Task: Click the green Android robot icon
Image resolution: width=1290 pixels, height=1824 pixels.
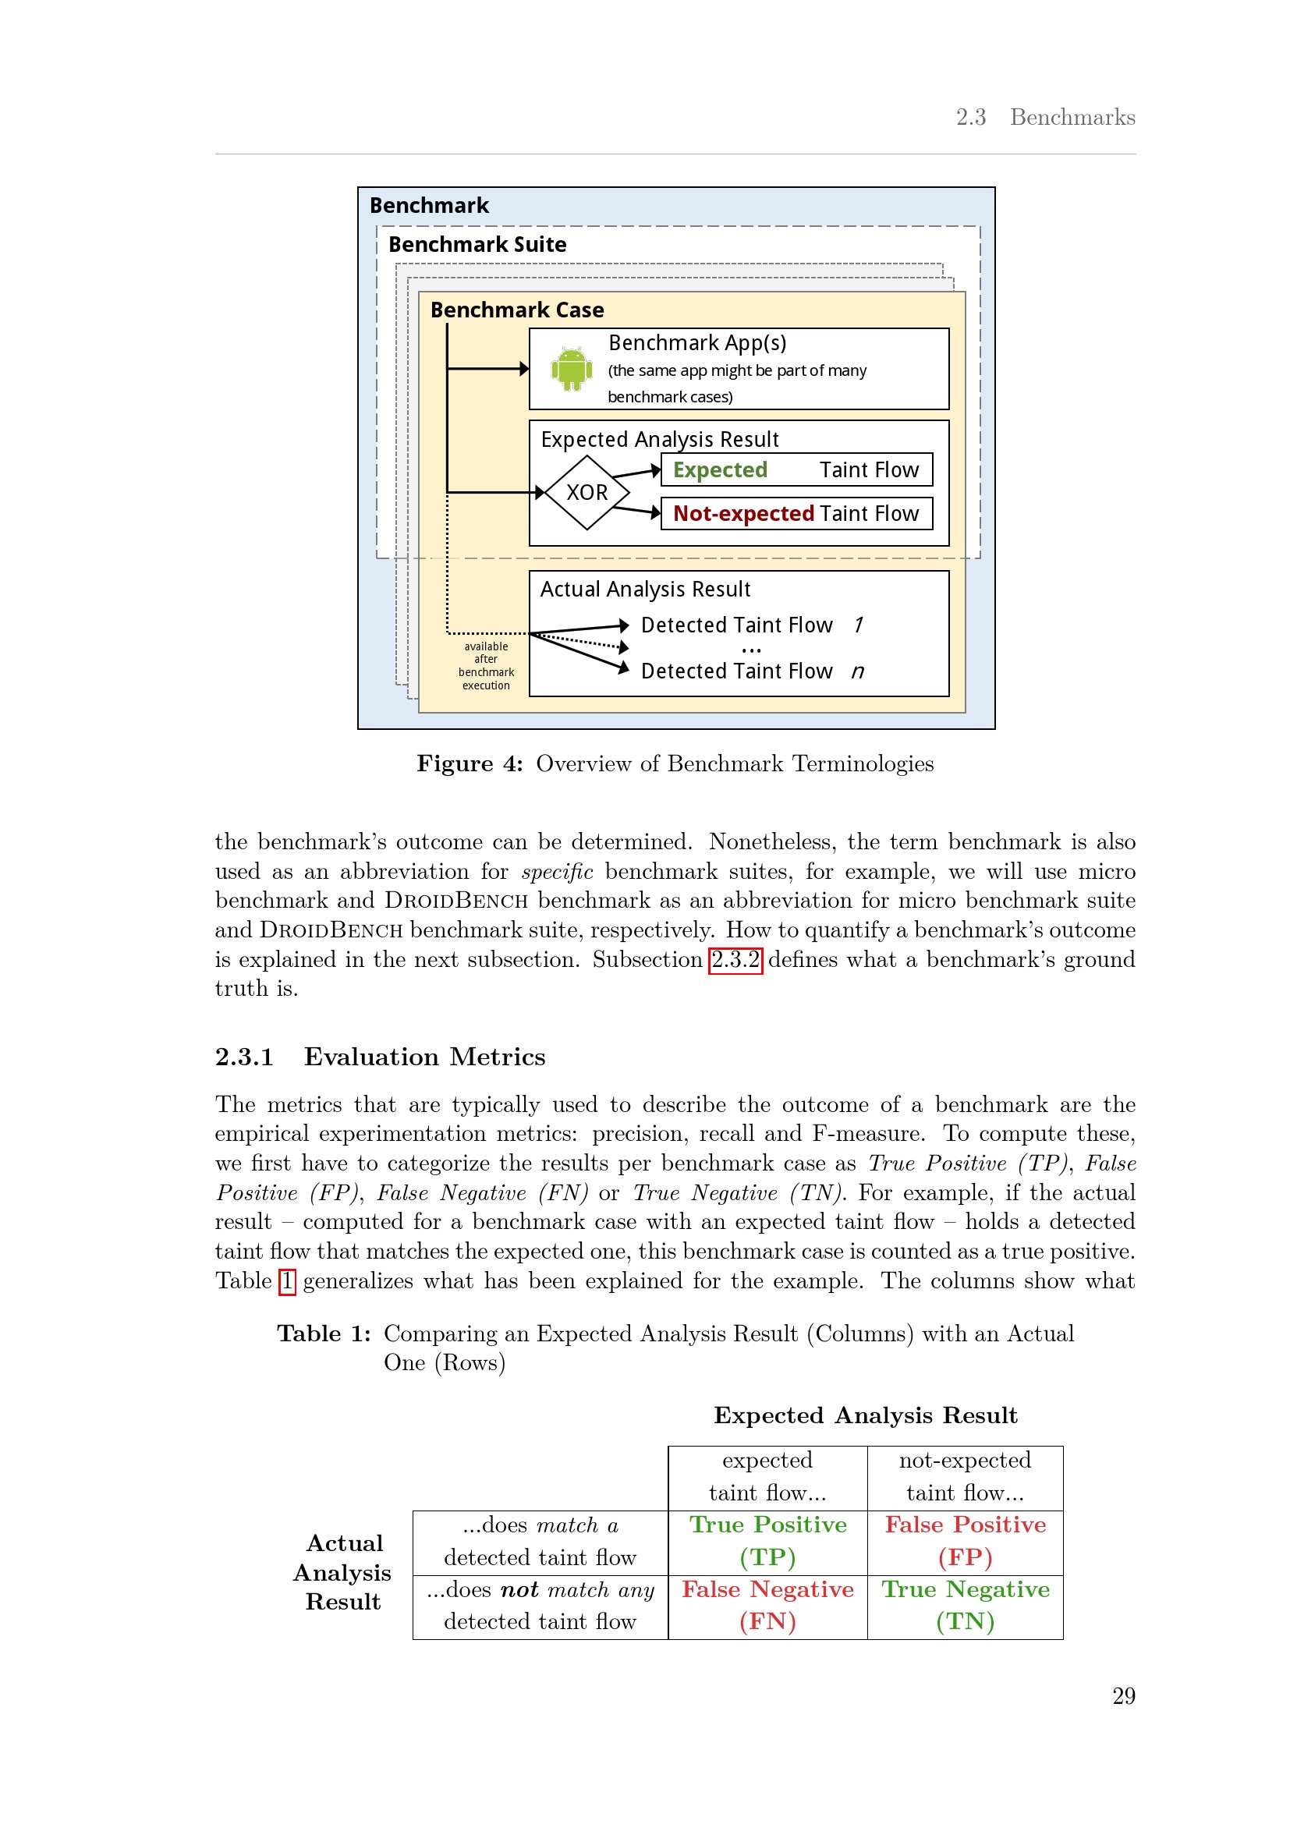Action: [x=571, y=369]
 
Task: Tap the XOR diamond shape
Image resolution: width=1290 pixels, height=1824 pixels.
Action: [x=587, y=493]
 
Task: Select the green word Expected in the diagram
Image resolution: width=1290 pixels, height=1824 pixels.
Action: [x=720, y=470]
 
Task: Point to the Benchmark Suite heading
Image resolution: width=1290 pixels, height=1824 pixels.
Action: [x=477, y=245]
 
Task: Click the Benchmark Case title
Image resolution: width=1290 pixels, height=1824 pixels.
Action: [x=517, y=310]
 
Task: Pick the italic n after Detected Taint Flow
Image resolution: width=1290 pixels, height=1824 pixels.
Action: [x=858, y=672]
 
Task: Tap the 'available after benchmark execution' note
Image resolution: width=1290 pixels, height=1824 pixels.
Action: [x=486, y=666]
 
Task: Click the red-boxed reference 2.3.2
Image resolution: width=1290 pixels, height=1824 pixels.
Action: [x=735, y=960]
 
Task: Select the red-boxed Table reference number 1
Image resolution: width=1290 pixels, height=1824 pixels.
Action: [x=287, y=1280]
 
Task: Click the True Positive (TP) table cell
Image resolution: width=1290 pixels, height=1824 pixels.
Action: [x=767, y=1541]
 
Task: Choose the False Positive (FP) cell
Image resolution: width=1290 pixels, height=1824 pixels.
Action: [x=965, y=1541]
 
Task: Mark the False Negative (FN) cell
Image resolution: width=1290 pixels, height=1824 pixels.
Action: [x=767, y=1606]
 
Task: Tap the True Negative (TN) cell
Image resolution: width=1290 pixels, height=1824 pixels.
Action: [x=965, y=1606]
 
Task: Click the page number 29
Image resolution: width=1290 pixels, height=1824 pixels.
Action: [x=1123, y=1696]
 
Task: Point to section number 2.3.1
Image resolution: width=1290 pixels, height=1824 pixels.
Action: [x=245, y=1057]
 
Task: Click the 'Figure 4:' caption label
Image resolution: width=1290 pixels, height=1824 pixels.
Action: [x=470, y=763]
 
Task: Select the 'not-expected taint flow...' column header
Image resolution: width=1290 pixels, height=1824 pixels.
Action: [x=965, y=1477]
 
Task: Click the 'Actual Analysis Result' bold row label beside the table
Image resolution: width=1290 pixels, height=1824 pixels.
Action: [x=343, y=1572]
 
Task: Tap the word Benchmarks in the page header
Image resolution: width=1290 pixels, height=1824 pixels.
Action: [x=1072, y=118]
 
